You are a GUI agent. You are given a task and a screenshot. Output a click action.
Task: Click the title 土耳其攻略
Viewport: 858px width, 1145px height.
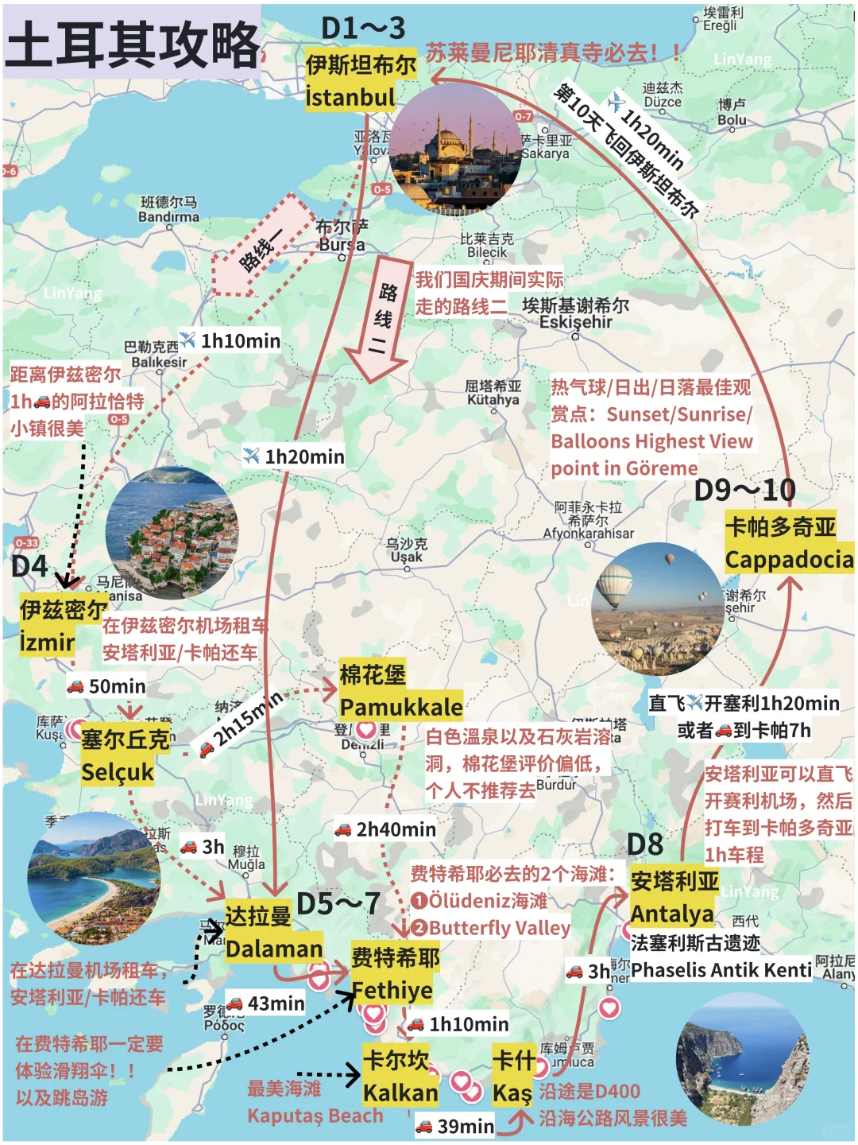(133, 44)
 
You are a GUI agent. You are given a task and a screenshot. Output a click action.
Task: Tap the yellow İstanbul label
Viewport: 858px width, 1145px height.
(350, 97)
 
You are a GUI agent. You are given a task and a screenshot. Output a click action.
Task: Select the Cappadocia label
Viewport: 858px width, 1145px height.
(789, 559)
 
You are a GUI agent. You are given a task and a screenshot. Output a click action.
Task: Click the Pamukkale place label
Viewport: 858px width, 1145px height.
(400, 706)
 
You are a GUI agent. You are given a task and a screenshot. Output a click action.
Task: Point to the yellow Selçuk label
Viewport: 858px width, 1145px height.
(118, 771)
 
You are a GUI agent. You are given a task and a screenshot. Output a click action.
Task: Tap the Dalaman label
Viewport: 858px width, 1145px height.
(273, 949)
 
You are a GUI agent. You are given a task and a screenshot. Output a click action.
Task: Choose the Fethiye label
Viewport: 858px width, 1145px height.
(392, 990)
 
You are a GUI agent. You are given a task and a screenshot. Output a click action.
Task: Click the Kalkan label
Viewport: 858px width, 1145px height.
(400, 1093)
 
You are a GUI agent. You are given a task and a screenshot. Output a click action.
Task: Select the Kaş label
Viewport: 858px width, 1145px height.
(512, 1093)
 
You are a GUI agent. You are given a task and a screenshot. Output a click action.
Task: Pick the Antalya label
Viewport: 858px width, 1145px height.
(672, 914)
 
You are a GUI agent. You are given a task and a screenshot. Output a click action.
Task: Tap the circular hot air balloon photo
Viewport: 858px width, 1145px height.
(658, 609)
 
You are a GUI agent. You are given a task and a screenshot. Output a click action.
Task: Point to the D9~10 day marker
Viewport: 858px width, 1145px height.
(744, 490)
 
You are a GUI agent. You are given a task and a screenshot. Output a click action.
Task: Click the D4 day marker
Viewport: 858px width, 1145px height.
(29, 566)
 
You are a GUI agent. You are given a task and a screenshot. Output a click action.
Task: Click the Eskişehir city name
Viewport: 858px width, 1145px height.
(576, 322)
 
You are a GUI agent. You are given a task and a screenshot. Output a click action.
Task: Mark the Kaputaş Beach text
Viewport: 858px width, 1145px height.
(315, 1116)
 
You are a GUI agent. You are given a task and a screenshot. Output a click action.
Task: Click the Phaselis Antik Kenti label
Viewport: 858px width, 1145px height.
(721, 969)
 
